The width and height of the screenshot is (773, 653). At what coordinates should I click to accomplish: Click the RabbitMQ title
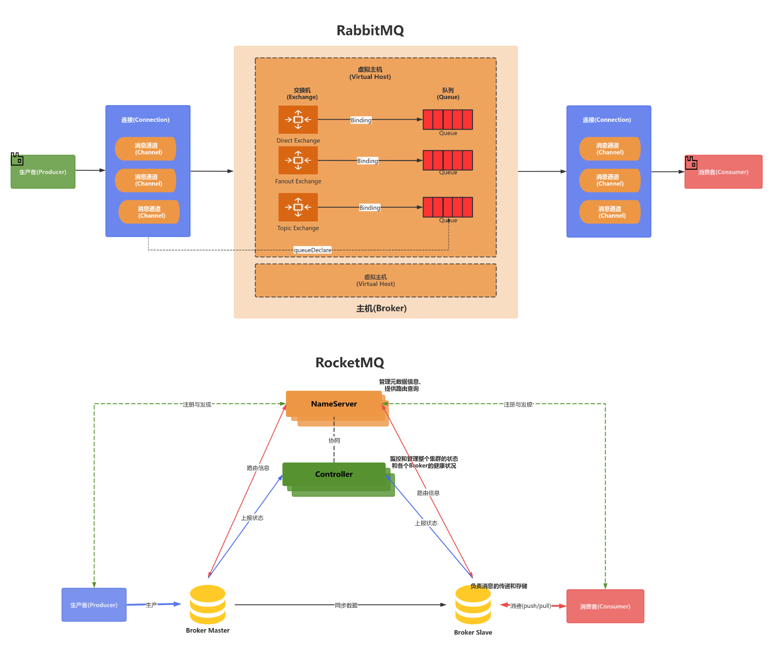[x=370, y=30]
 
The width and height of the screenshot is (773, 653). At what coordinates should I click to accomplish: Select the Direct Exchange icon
[x=298, y=120]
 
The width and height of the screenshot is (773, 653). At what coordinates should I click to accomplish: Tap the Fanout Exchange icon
[x=298, y=161]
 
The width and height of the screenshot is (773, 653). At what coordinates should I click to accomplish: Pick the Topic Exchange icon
[x=298, y=207]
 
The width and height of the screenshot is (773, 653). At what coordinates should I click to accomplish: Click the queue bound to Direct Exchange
[x=447, y=120]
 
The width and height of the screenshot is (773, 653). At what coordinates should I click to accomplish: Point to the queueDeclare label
[x=312, y=250]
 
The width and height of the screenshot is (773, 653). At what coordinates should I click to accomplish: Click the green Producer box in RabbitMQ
[x=43, y=172]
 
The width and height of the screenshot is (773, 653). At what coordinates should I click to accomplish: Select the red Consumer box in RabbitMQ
[x=723, y=172]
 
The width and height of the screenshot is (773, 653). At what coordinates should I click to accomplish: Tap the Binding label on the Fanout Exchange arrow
[x=367, y=161]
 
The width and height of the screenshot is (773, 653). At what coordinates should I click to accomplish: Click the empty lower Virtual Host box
[x=376, y=281]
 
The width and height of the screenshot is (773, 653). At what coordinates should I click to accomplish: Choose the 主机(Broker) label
[x=381, y=309]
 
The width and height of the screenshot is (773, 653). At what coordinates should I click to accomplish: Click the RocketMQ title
[x=349, y=363]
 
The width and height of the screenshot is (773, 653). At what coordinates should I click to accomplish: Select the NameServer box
[x=334, y=404]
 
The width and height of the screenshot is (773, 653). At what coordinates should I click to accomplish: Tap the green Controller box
[x=334, y=475]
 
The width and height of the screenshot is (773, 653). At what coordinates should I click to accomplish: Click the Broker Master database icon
[x=207, y=605]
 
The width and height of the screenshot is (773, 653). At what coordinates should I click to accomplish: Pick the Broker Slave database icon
[x=473, y=605]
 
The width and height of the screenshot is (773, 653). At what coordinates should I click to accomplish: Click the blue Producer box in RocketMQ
[x=94, y=605]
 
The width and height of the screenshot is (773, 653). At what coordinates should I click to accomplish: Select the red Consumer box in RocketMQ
[x=605, y=606]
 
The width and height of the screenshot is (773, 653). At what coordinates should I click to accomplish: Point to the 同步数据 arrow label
[x=346, y=605]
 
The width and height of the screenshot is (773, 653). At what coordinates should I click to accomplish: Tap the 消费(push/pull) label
[x=531, y=606]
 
